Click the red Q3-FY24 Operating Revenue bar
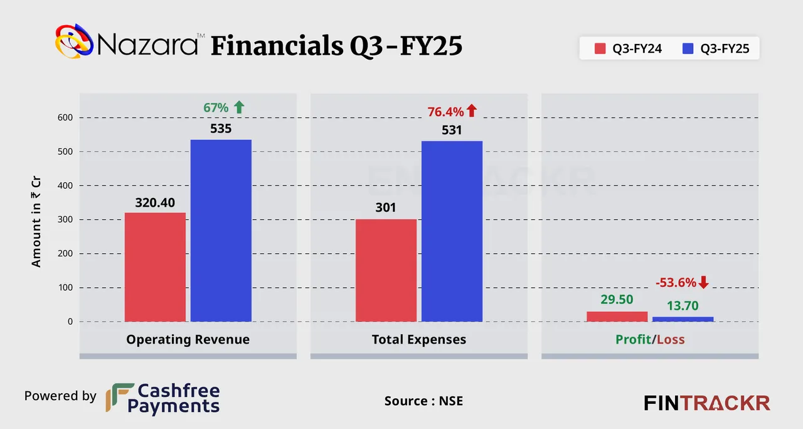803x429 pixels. point(155,267)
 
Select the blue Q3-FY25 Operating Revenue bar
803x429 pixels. point(221,231)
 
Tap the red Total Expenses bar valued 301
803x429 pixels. point(386,270)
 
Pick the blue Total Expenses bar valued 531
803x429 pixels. point(452,231)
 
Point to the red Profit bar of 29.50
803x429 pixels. point(617,317)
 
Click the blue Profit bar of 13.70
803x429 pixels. point(683,319)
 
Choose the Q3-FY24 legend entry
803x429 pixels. point(629,48)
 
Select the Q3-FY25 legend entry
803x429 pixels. point(716,48)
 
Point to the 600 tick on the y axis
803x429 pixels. point(65,117)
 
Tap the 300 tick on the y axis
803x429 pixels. point(65,220)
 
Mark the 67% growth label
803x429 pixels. point(216,107)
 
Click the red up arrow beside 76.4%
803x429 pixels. point(472,111)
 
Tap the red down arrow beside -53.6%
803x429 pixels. point(703,283)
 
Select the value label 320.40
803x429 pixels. point(155,202)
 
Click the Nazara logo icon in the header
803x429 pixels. point(74,42)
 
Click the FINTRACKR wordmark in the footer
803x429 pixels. point(707,403)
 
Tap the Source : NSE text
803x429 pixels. point(423,401)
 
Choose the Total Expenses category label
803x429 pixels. point(419,340)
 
